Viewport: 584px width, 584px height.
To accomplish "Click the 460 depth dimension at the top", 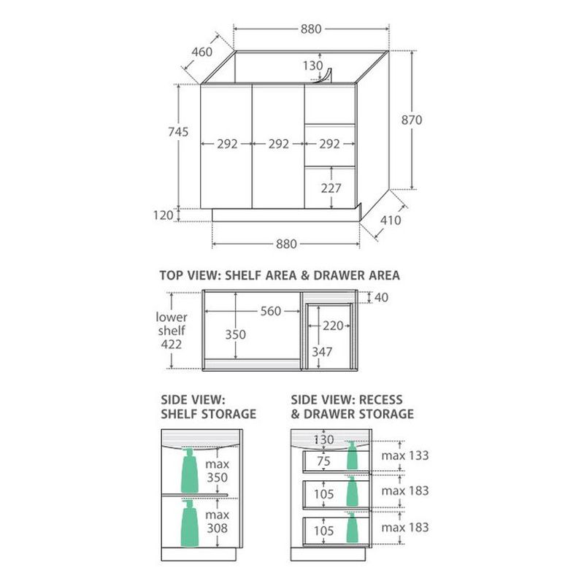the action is pyautogui.click(x=202, y=52).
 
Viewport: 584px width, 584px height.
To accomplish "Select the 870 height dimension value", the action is pyautogui.click(x=412, y=120).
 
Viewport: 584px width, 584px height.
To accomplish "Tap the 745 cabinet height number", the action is pyautogui.click(x=178, y=132).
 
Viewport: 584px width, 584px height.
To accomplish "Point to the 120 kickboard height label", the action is pyautogui.click(x=163, y=215).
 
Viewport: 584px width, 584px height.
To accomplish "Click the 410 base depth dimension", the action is pyautogui.click(x=391, y=220).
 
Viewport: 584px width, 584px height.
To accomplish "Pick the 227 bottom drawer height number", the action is pyautogui.click(x=331, y=188).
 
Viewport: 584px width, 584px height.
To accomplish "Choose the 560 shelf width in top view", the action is pyautogui.click(x=270, y=311).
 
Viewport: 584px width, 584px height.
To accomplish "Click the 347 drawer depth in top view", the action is pyautogui.click(x=322, y=352).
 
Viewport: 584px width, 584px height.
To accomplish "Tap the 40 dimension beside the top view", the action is pyautogui.click(x=381, y=298).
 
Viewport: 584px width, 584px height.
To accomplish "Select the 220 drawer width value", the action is pyautogui.click(x=333, y=326).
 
